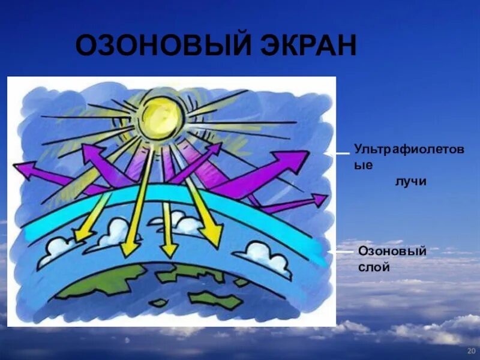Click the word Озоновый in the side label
(392, 250)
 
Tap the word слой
(374, 267)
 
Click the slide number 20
(471, 350)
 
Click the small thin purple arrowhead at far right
(320, 199)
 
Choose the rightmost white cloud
(264, 255)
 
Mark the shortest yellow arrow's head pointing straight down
(169, 247)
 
